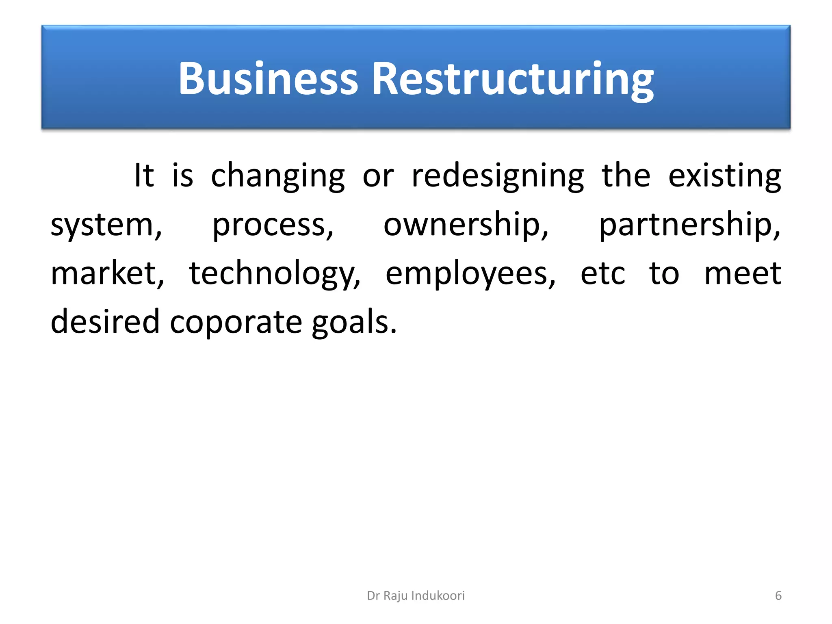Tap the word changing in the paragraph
coord(278,176)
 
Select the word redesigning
coord(498,176)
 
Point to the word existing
coord(725,176)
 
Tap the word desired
coord(105,322)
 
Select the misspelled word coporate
coord(236,322)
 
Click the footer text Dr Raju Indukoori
coord(416,596)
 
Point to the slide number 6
coord(778,596)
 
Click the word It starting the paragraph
coord(144,176)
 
